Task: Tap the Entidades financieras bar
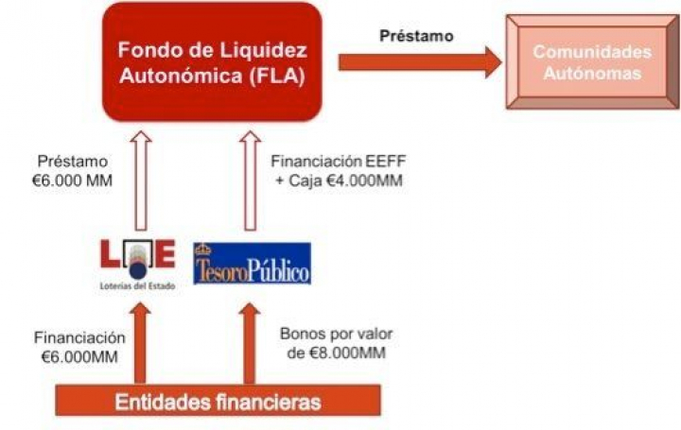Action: click(218, 401)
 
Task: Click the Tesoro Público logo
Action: click(251, 264)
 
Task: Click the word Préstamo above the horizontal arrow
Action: click(417, 36)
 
